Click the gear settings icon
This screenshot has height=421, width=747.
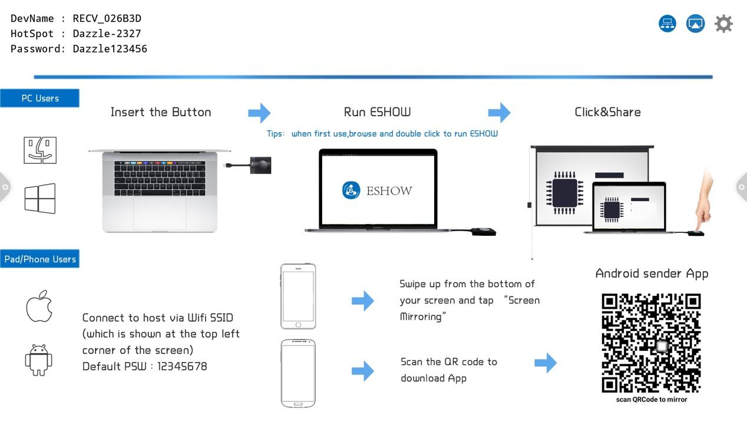tap(723, 24)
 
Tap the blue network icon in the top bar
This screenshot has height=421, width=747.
tap(667, 24)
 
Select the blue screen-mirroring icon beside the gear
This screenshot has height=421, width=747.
tap(696, 24)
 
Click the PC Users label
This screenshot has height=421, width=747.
tap(39, 98)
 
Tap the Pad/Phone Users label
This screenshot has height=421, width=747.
tap(39, 259)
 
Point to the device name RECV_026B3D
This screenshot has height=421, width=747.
tap(107, 18)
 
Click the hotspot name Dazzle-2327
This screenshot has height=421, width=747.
tap(107, 34)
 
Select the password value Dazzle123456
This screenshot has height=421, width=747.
tap(110, 49)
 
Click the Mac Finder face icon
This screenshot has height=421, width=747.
tap(40, 150)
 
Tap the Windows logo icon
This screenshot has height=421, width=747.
tap(40, 198)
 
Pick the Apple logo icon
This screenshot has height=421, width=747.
tap(39, 306)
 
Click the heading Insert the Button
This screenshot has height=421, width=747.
tap(161, 112)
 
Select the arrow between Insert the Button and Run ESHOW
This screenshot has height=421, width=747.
tap(259, 112)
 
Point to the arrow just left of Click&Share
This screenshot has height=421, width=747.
tap(499, 112)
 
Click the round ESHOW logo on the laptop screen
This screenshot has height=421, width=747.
tap(351, 190)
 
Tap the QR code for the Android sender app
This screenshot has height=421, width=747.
tap(651, 343)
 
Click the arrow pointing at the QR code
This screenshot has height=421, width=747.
tap(546, 363)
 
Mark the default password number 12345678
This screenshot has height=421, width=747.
tap(182, 366)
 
